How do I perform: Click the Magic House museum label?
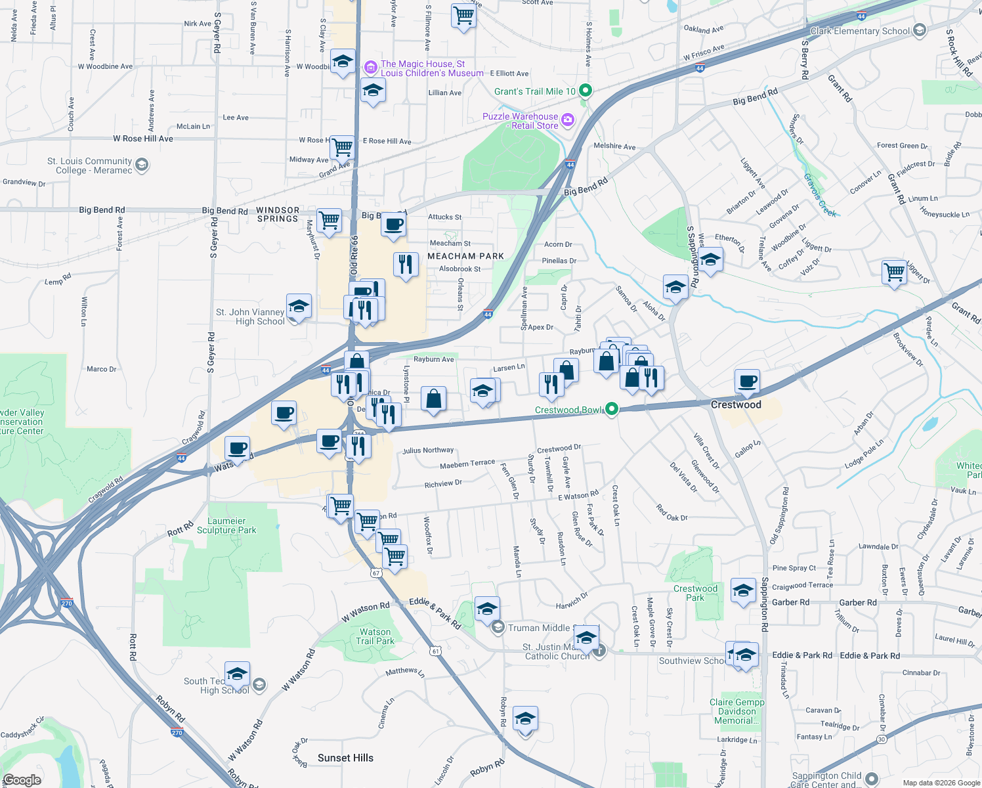point(431,68)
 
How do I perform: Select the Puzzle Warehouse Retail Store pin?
point(568,120)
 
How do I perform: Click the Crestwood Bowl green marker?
point(612,410)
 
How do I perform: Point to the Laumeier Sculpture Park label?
point(226,525)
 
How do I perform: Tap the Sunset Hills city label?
point(345,758)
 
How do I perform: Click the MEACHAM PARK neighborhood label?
point(465,256)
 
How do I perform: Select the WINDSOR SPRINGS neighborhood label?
point(278,214)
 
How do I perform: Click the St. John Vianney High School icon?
point(299,307)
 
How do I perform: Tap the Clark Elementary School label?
point(860,31)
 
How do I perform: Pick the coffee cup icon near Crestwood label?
point(747,381)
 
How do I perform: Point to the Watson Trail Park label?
point(375,636)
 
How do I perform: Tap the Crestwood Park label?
point(695,593)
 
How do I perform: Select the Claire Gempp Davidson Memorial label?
point(736,711)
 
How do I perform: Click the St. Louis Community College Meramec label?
point(89,165)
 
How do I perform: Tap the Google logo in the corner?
point(22,780)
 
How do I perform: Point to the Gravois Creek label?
point(820,195)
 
